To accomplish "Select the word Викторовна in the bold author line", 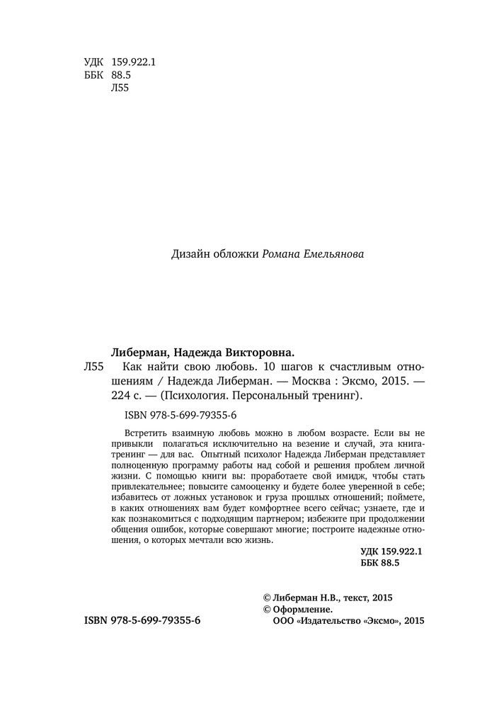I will point(259,351).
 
